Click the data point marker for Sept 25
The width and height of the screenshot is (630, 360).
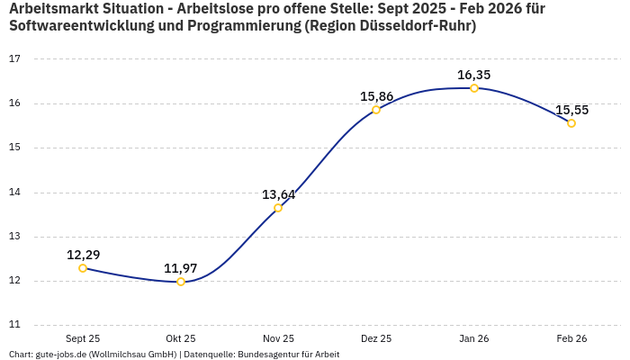[83, 268]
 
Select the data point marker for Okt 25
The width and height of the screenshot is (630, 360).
[181, 282]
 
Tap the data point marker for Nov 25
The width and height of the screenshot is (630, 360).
[278, 208]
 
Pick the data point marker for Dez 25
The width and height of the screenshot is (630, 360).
[376, 110]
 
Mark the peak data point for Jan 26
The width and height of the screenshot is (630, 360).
[474, 88]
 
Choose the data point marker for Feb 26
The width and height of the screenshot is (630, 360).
[571, 123]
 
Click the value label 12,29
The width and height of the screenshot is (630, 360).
[83, 255]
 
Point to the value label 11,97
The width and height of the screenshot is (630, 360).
[181, 268]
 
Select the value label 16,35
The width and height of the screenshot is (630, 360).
[474, 75]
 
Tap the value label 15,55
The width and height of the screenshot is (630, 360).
[571, 110]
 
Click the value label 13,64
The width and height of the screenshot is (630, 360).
[278, 194]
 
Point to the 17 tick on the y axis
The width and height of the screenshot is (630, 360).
[14, 59]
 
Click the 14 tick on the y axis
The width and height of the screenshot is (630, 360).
[14, 193]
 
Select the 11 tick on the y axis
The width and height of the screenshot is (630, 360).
[14, 325]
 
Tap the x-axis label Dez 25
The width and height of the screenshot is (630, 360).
[376, 338]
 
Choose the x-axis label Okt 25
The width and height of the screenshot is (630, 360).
[181, 338]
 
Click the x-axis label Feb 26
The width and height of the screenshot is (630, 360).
[571, 338]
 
